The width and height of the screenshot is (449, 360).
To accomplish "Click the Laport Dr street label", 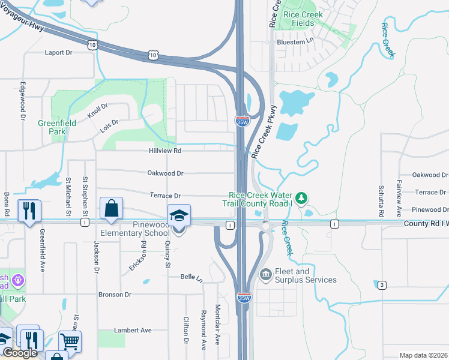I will (58, 53).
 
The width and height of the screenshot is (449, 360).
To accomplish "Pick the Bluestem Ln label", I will (295, 42).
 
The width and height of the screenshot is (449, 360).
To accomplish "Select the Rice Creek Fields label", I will (304, 19).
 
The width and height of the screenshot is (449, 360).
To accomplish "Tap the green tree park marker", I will (303, 197).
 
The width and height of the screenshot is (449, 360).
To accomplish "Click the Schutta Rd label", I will (381, 201).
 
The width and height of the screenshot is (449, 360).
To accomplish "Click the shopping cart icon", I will (70, 341).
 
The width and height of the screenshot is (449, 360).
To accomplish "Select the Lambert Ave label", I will (133, 330).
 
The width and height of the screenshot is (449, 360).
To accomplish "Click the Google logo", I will (20, 353).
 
